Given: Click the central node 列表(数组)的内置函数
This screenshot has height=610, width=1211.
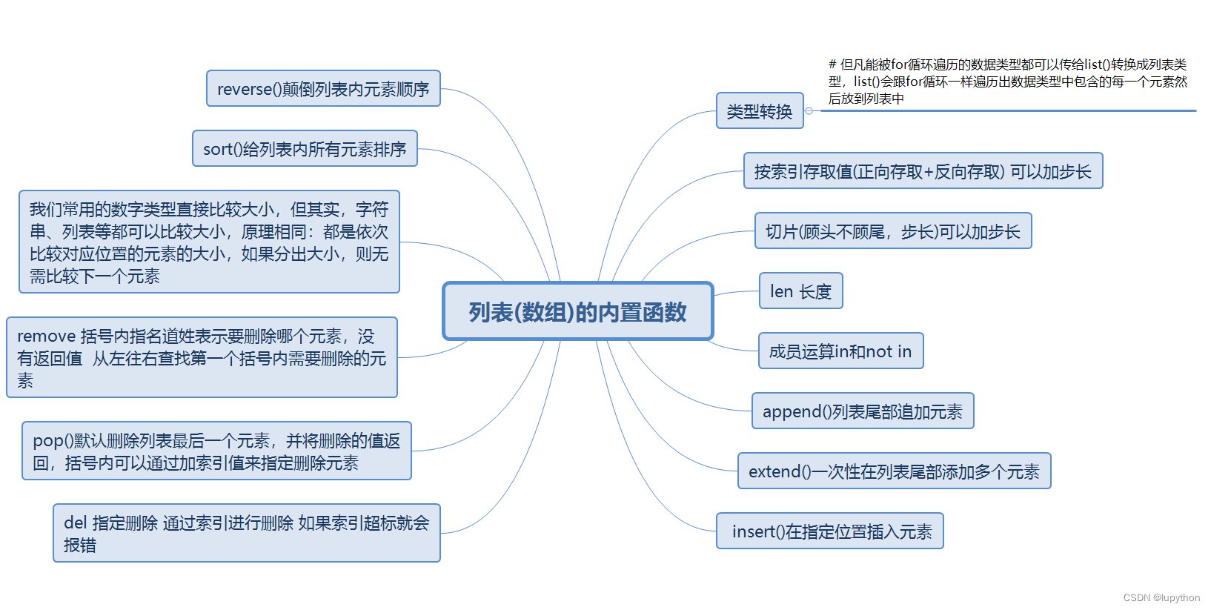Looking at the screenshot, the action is tap(577, 311).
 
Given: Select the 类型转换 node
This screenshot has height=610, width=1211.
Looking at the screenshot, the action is tap(760, 111).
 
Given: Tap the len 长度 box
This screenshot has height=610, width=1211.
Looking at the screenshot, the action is tap(800, 291).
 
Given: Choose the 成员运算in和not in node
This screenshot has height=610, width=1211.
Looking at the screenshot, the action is tap(840, 351).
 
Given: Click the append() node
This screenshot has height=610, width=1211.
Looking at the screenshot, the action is tap(863, 411).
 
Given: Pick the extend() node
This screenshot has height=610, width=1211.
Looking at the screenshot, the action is tap(894, 471).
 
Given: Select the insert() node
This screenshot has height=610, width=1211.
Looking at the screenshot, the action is tap(829, 531).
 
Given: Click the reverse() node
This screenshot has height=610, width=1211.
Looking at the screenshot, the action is tap(323, 89).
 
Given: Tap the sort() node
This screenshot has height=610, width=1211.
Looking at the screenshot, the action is tap(305, 149).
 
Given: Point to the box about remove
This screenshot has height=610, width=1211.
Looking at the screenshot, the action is tap(202, 358).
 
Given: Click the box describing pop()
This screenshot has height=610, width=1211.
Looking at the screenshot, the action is tap(216, 451).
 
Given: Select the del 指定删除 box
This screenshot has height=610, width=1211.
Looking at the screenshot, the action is tap(246, 534).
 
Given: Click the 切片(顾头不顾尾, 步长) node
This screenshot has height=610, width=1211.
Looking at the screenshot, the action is tap(893, 231).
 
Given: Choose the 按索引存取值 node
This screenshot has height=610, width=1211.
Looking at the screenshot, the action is tap(923, 171).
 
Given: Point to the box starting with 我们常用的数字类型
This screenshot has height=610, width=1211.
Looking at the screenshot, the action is tap(209, 242).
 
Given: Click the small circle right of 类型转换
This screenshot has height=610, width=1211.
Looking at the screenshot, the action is tap(809, 111).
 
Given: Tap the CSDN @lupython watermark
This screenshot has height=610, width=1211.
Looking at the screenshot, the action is tap(1161, 598).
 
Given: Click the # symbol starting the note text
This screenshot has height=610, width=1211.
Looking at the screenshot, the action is tap(832, 64).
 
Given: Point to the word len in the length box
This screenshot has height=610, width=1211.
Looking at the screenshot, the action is tap(781, 292).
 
